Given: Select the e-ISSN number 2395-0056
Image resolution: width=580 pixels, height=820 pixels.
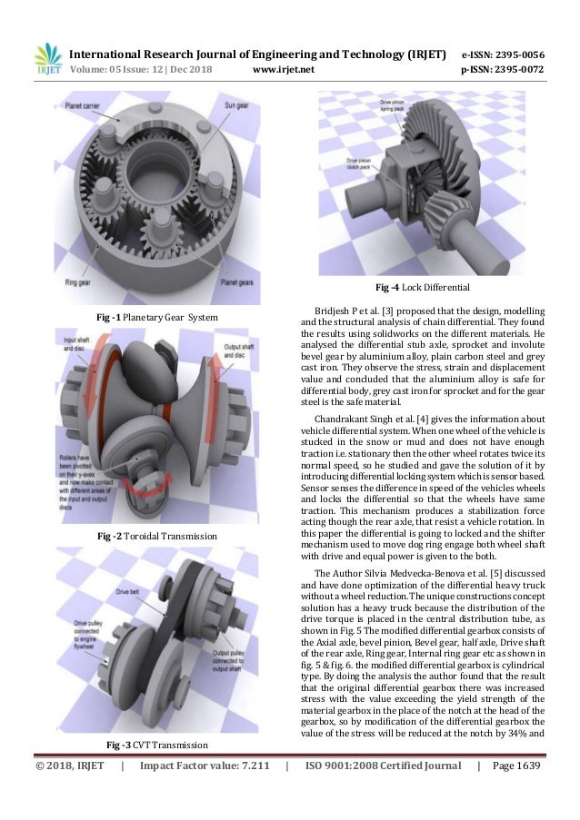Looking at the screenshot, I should coord(513,54).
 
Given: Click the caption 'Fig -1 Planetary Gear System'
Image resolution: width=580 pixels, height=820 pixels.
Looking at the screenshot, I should coord(157,316).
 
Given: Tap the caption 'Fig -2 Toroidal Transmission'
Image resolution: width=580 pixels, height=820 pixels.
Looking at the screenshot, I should coord(157,537).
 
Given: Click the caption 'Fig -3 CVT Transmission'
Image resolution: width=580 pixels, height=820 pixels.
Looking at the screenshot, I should coord(157,745).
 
